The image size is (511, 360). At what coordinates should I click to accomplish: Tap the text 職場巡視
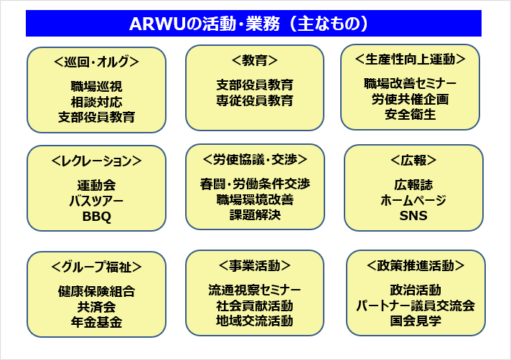click(96, 86)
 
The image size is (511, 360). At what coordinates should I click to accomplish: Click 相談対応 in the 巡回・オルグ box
click(96, 101)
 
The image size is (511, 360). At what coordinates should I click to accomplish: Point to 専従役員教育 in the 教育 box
click(255, 100)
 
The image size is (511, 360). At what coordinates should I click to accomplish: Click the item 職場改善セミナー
click(411, 83)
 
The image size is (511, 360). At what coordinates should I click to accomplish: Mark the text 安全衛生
click(411, 114)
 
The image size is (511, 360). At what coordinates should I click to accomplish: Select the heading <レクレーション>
click(96, 161)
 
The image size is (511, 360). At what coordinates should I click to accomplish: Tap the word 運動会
click(96, 185)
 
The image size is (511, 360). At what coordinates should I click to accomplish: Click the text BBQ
click(96, 216)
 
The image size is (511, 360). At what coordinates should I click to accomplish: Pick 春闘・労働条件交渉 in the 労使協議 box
click(255, 184)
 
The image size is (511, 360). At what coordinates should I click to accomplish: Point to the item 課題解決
click(255, 214)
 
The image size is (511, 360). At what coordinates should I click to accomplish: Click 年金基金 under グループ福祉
click(96, 322)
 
